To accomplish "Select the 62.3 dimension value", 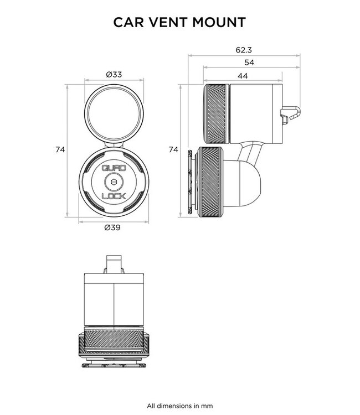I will pyautogui.click(x=244, y=50).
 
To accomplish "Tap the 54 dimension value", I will pyautogui.click(x=249, y=63).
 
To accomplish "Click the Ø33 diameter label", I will pyautogui.click(x=113, y=74).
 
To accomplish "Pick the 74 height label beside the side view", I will pyautogui.click(x=173, y=149).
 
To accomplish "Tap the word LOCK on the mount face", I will pyautogui.click(x=113, y=196).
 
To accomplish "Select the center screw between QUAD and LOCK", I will pyautogui.click(x=114, y=182).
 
